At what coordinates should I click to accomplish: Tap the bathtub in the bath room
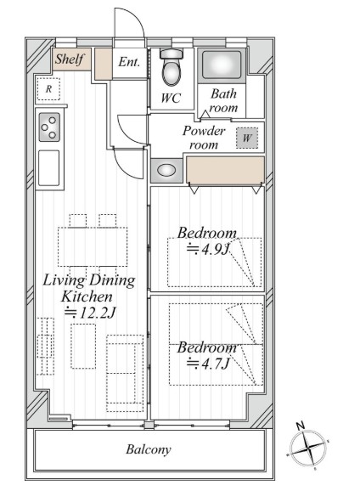coord(222,65)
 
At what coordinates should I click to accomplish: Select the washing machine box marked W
coord(247,138)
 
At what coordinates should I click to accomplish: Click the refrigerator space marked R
coord(48,89)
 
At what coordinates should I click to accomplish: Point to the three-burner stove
coord(49,127)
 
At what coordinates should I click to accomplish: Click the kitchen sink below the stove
coord(49,168)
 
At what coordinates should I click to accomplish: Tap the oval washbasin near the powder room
coord(166,171)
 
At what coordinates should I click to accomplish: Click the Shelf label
coord(70,59)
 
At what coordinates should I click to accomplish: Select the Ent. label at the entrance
coord(129,62)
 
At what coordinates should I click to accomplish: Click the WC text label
coord(171,99)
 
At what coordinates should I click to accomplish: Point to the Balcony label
coord(149,449)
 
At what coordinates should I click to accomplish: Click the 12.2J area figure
coord(90,313)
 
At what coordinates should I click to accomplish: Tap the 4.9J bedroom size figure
coord(209,249)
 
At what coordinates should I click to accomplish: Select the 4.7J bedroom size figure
coord(208,364)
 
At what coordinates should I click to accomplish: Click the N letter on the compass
coord(301,426)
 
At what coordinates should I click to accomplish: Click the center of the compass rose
coord(308,449)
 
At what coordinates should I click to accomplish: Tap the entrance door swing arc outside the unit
coord(136,16)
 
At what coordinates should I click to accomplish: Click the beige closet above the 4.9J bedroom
coord(225,170)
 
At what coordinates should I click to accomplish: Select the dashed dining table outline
coord(93,246)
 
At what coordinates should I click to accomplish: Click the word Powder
coord(204,131)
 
